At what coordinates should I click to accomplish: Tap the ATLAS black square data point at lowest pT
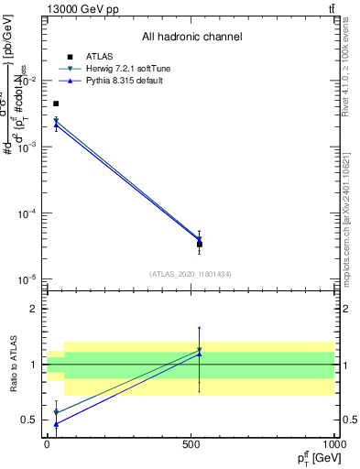[56, 104]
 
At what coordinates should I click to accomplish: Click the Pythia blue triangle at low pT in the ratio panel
[56, 424]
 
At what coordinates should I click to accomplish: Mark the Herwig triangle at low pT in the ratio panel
[56, 412]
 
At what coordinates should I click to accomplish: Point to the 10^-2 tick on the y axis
[27, 82]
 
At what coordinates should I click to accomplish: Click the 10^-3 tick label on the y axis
[27, 147]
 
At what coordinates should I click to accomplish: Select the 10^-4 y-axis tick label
[27, 213]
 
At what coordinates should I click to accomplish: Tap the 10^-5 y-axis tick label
[27, 278]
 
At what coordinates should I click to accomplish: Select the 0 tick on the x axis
[48, 443]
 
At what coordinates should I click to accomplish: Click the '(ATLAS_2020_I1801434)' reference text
[191, 273]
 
